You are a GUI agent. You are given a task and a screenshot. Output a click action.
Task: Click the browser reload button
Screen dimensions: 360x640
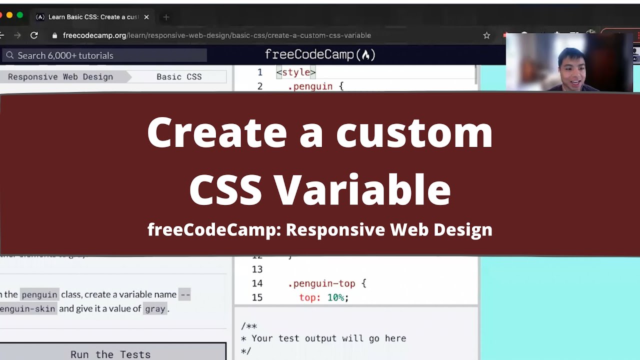[x=34, y=35]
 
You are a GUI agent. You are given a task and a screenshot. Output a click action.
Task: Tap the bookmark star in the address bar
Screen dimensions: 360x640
[x=486, y=35]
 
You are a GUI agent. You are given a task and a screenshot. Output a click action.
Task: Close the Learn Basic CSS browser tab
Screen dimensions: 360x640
[x=146, y=17]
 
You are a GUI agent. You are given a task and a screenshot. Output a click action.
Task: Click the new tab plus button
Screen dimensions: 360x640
[x=166, y=17]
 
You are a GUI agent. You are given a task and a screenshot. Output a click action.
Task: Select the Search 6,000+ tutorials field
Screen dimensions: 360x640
[x=105, y=55]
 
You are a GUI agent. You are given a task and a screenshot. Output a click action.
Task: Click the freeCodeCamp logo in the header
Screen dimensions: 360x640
[x=320, y=54]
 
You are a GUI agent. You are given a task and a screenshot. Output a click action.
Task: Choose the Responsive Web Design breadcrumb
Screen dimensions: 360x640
[x=60, y=77]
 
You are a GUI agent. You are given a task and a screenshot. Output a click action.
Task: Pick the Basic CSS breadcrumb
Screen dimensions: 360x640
[x=179, y=77]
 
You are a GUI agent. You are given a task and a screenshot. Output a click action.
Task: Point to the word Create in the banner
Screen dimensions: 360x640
[x=217, y=132]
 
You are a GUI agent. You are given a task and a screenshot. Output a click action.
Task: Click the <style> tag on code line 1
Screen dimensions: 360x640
[x=296, y=72]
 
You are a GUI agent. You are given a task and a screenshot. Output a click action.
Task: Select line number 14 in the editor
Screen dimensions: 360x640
[x=257, y=283]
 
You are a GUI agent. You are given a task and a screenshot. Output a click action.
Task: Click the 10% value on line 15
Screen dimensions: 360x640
[x=335, y=297]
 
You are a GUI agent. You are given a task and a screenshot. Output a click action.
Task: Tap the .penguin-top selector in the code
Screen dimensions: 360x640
[x=321, y=283]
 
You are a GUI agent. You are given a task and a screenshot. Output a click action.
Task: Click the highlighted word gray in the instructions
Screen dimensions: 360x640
[x=154, y=308]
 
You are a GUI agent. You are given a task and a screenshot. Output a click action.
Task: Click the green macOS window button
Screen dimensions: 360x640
[x=20, y=15]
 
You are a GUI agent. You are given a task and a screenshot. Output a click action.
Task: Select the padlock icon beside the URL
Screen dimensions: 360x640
[x=55, y=35]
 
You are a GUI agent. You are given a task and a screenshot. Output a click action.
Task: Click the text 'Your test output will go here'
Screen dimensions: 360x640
[x=328, y=338]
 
